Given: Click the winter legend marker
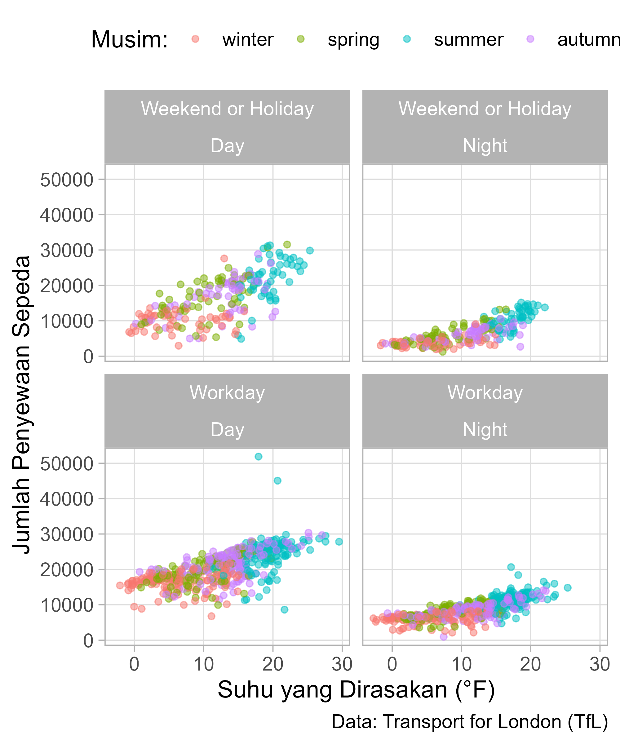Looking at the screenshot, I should click(x=195, y=39).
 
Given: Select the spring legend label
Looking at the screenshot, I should click(x=353, y=39).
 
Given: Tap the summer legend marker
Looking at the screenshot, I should click(x=407, y=39).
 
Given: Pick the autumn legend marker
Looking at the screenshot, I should click(x=530, y=39).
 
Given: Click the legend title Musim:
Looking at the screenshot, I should click(x=129, y=39).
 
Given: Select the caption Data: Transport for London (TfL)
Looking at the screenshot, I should click(x=470, y=722).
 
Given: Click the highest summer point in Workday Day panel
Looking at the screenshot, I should click(x=259, y=456).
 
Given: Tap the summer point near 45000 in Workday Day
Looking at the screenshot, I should click(x=277, y=480).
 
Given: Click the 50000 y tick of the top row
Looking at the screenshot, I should click(x=67, y=179).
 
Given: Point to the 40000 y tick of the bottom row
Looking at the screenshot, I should click(x=67, y=499).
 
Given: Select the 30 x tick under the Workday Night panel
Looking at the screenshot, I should click(x=600, y=664).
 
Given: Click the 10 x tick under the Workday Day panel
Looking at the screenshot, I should click(x=204, y=664).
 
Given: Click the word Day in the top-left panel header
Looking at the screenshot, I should click(x=227, y=146).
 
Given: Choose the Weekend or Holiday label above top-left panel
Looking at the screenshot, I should click(x=227, y=109).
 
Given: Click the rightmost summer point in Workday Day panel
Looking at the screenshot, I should click(x=339, y=541).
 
